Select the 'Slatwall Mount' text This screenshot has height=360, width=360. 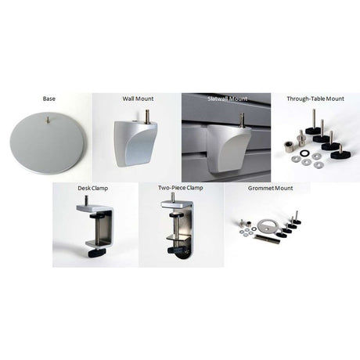227,99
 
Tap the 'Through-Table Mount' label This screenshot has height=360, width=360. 315,99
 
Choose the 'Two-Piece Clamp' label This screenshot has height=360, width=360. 181,189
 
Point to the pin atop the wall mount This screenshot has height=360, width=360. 146,116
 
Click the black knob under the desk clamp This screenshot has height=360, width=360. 96,252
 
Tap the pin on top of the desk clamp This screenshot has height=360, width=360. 85,201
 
